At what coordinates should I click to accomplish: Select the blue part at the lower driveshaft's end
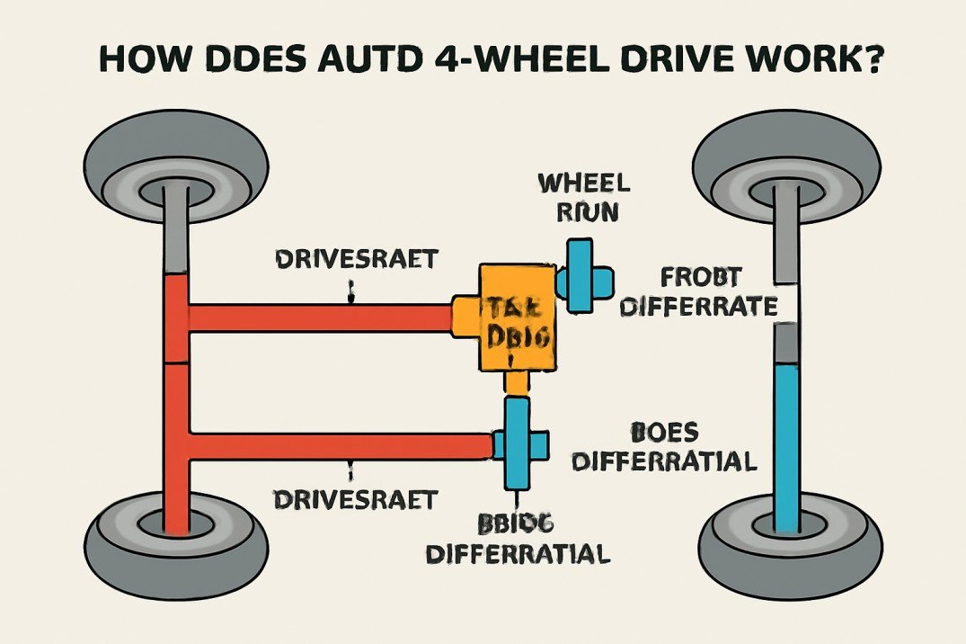(x=518, y=443)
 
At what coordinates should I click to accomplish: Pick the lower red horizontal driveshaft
(x=341, y=444)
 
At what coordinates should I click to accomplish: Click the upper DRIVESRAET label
(x=357, y=260)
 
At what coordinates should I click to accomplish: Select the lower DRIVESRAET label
(x=357, y=496)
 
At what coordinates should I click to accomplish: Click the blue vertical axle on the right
(x=788, y=441)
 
